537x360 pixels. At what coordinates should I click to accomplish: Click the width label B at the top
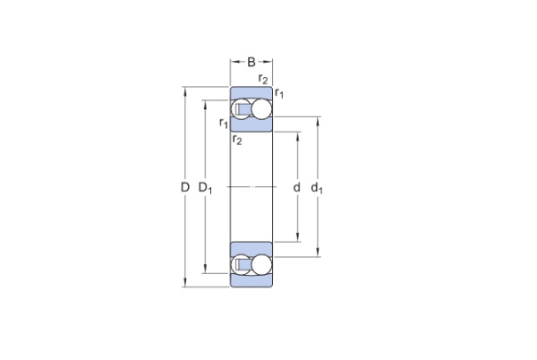click(x=251, y=63)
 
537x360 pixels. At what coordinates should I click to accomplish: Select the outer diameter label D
click(x=184, y=188)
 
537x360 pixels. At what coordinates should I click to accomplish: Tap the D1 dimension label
click(x=205, y=188)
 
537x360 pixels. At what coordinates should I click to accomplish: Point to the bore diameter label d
click(x=296, y=188)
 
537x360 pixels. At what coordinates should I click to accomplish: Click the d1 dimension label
click(x=317, y=188)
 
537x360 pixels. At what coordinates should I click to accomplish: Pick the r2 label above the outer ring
click(x=262, y=80)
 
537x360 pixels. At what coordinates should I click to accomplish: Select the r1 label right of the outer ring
click(x=279, y=93)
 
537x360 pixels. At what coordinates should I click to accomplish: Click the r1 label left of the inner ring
click(x=224, y=123)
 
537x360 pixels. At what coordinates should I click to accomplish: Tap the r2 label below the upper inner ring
click(x=237, y=139)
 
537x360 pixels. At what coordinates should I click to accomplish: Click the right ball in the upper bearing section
click(x=260, y=110)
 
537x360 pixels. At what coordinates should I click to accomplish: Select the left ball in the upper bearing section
click(x=243, y=110)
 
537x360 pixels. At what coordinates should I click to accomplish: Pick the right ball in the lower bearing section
click(x=260, y=265)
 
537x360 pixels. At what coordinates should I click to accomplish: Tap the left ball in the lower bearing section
click(x=243, y=265)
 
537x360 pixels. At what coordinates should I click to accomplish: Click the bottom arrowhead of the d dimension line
click(x=296, y=239)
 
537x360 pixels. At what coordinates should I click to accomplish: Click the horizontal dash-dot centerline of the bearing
click(x=251, y=187)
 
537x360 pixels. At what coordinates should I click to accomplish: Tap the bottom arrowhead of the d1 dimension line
click(x=317, y=254)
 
